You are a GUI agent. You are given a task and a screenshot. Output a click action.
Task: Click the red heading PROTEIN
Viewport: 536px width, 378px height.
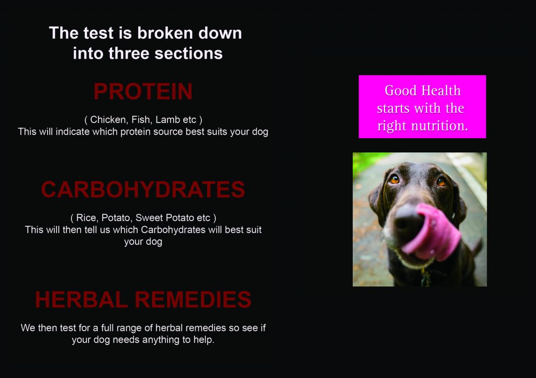click(x=143, y=91)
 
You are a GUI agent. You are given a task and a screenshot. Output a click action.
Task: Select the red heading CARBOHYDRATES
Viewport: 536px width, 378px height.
click(x=143, y=190)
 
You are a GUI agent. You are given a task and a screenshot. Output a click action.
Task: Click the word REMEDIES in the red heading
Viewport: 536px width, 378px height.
click(x=193, y=299)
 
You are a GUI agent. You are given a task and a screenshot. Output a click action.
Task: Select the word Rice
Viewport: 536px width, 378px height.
click(x=86, y=218)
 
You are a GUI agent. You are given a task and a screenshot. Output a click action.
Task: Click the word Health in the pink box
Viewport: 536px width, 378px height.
click(x=441, y=91)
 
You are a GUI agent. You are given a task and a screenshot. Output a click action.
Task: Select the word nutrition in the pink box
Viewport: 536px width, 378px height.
click(x=439, y=126)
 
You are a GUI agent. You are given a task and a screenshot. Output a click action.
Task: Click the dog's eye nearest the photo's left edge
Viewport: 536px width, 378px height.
click(x=395, y=179)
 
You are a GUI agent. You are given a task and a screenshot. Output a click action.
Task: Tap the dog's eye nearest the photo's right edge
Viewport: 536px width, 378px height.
click(x=441, y=182)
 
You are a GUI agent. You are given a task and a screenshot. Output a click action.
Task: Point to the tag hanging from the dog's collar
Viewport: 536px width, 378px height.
click(x=426, y=277)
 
